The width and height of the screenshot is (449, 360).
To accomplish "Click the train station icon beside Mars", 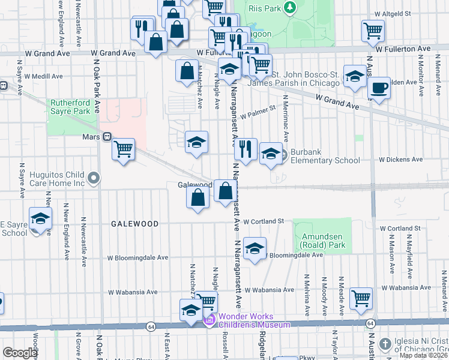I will click(x=107, y=137).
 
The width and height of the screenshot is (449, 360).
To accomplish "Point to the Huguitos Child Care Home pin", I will click(x=93, y=178).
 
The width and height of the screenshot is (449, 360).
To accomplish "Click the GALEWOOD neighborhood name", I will click(x=134, y=224).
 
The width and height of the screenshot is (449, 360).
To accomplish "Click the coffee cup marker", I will click(x=379, y=88).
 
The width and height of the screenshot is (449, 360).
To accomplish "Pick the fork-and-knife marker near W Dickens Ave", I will click(x=246, y=148).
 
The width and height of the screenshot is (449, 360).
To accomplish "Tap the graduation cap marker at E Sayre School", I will click(x=40, y=218).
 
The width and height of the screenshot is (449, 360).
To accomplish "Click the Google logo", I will click(x=20, y=353).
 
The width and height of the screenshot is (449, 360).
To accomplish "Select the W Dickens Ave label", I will click(x=400, y=160).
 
